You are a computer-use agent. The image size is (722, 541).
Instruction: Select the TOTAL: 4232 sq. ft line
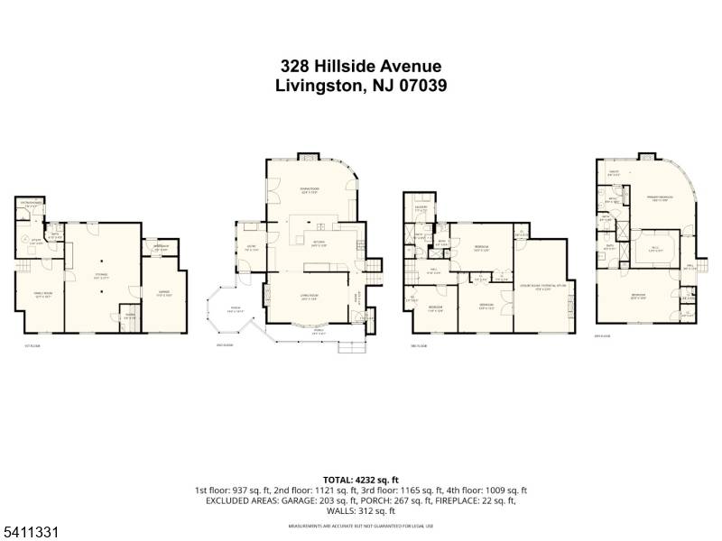tap(360, 480)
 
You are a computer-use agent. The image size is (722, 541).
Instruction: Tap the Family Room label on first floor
tap(41, 295)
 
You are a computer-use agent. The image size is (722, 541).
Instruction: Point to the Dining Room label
tap(310, 189)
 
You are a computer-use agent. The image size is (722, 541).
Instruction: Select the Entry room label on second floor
tap(250, 249)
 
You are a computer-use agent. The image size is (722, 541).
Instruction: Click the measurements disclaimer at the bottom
tap(360, 525)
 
